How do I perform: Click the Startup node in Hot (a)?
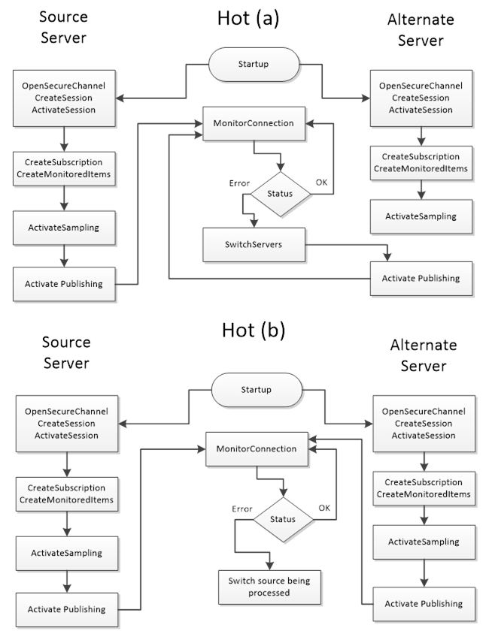(254, 65)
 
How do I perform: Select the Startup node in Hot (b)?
(257, 390)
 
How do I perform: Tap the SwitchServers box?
(254, 245)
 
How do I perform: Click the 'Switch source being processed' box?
(269, 587)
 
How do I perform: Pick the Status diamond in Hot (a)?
(281, 194)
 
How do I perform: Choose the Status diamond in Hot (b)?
(283, 520)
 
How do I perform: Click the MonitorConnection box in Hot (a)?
(254, 123)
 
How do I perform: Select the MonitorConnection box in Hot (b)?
(257, 449)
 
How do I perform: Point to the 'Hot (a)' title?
(248, 19)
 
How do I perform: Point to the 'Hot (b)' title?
(254, 331)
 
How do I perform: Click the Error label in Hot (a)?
(239, 183)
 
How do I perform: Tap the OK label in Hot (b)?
(324, 508)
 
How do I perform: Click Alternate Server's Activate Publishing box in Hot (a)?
(421, 279)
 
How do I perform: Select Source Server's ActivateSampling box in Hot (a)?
(64, 228)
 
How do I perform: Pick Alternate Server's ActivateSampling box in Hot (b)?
(424, 542)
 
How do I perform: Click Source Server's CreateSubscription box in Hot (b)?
(67, 494)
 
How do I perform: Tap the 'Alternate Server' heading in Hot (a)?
(421, 30)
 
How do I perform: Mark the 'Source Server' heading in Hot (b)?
(66, 352)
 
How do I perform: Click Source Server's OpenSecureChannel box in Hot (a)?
(64, 98)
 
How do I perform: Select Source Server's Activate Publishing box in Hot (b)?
(67, 610)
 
